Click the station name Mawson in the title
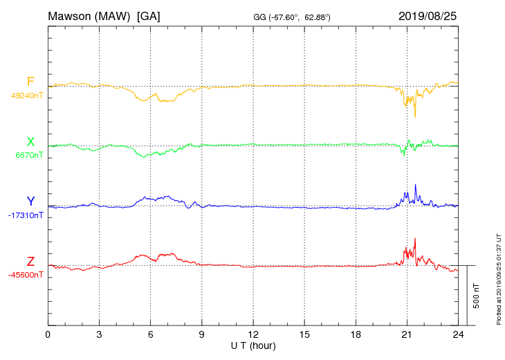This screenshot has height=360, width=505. pyautogui.click(x=71, y=15)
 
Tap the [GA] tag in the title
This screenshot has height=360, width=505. pyautogui.click(x=149, y=15)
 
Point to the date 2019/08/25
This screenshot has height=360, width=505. pyautogui.click(x=428, y=15)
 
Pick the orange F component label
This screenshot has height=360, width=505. pyautogui.click(x=30, y=82)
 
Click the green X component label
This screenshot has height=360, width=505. pyautogui.click(x=30, y=142)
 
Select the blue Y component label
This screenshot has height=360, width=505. pyautogui.click(x=30, y=201)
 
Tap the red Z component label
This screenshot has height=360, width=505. pyautogui.click(x=30, y=262)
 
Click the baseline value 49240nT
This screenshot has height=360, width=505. pyautogui.click(x=27, y=96)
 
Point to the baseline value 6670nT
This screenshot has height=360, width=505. pyautogui.click(x=29, y=155)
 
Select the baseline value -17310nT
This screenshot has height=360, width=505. pyautogui.click(x=26, y=215)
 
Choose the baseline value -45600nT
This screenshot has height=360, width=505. pyautogui.click(x=26, y=275)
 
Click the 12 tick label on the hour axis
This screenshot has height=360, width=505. pyautogui.click(x=253, y=334)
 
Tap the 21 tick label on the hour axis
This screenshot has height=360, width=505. pyautogui.click(x=407, y=334)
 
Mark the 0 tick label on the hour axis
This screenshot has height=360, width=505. pyautogui.click(x=48, y=334)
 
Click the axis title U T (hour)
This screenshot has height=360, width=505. pyautogui.click(x=253, y=345)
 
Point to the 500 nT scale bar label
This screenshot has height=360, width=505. pyautogui.click(x=476, y=296)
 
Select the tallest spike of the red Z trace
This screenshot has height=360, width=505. pyautogui.click(x=415, y=239)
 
